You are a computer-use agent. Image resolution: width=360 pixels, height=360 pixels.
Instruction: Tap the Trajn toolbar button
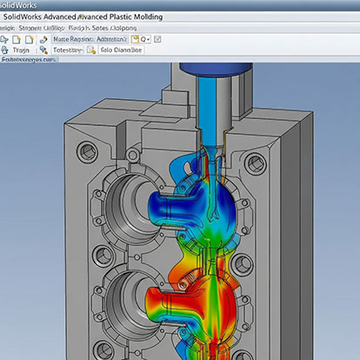coord(22,51)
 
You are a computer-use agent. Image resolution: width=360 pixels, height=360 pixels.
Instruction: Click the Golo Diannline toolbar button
coord(122,51)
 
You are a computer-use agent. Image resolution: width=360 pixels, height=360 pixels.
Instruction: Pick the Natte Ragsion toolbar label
coord(70,39)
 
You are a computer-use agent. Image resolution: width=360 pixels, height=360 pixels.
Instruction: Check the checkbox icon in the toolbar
coord(157,39)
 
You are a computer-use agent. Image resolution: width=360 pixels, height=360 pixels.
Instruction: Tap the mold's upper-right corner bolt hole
coord(255,162)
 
